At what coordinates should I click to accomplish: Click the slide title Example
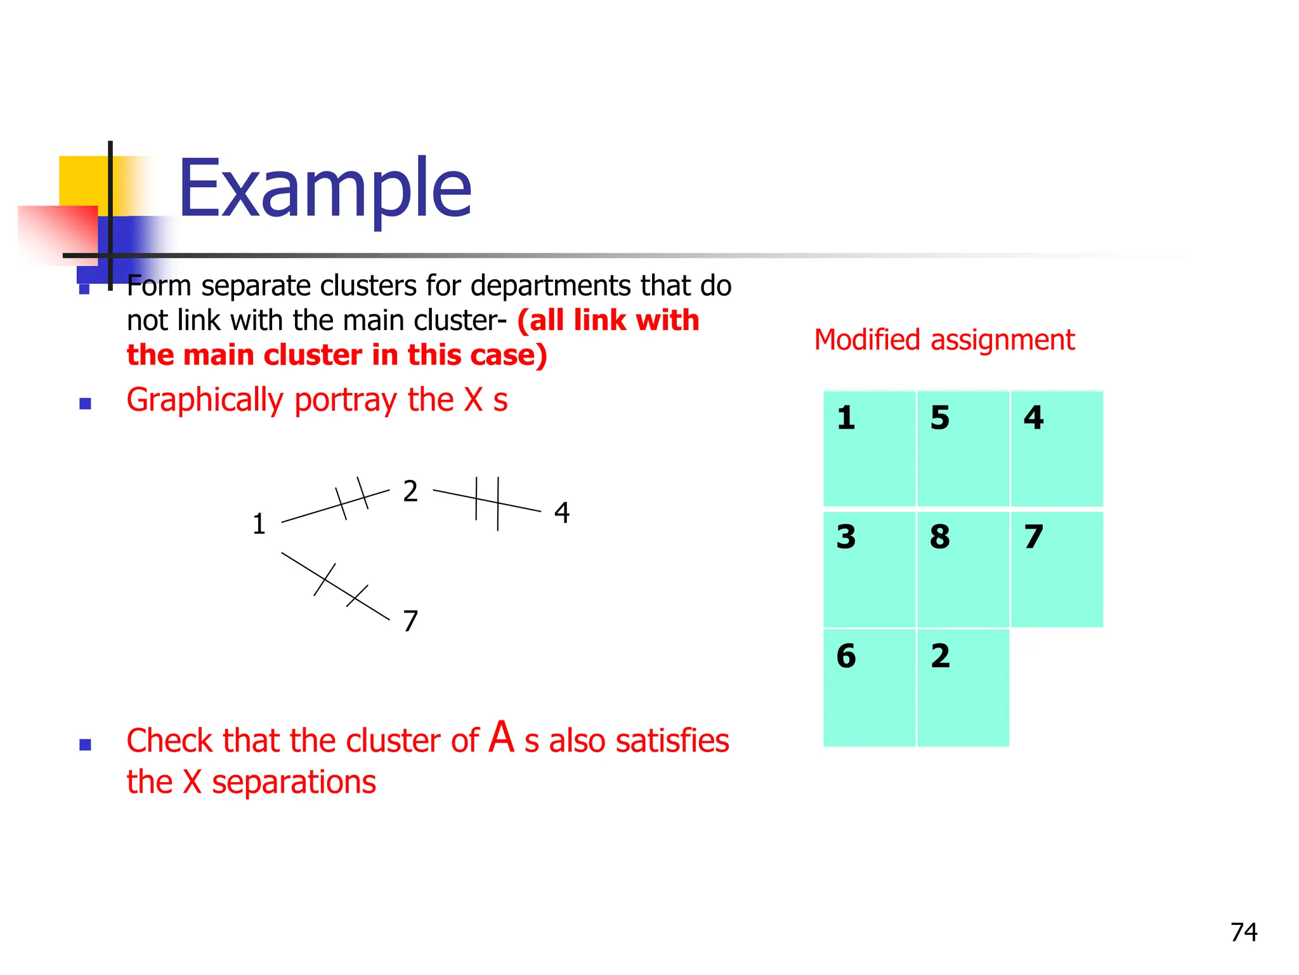[x=325, y=188]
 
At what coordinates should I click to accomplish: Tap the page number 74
[x=1244, y=932]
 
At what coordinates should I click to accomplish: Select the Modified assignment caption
[x=944, y=340]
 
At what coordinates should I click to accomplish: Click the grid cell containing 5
[x=963, y=448]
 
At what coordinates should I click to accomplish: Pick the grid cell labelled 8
[x=963, y=569]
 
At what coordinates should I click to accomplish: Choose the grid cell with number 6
[x=869, y=687]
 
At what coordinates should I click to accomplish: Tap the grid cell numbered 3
[x=869, y=569]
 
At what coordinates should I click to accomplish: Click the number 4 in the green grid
[x=1034, y=418]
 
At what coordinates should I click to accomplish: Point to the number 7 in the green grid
[x=1034, y=537]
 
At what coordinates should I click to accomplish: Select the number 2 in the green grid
[x=941, y=656]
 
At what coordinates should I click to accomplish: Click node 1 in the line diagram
[x=259, y=524]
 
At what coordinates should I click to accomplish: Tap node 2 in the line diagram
[x=410, y=491]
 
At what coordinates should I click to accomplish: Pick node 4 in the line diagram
[x=562, y=513]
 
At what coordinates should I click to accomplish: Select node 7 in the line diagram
[x=410, y=621]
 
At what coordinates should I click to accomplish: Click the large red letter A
[x=502, y=738]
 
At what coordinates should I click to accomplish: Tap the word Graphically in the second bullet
[x=204, y=401]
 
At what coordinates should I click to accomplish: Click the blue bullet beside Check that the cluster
[x=85, y=744]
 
